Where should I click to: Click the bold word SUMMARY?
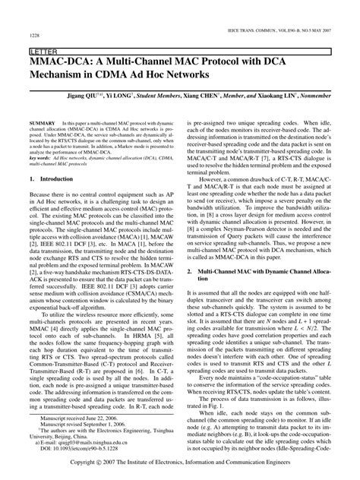click(42, 122)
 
